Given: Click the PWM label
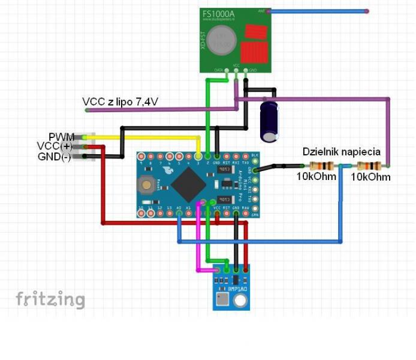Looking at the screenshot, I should tap(62, 137).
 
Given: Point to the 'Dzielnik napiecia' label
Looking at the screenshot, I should tap(342, 152).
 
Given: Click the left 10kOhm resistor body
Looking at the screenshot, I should tap(321, 166).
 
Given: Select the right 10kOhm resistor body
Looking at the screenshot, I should tap(368, 166).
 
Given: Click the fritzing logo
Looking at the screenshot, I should tap(50, 299).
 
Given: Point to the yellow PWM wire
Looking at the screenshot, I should tap(150, 137).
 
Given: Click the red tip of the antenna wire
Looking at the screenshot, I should tap(366, 11).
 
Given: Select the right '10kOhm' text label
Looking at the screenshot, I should tap(370, 177).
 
